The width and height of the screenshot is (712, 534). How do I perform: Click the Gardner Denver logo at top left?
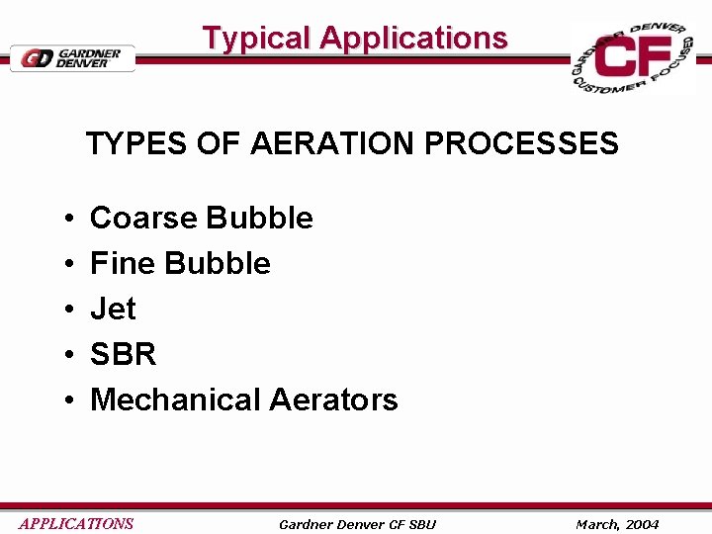[71, 57]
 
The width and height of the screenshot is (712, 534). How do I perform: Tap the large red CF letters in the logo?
[632, 58]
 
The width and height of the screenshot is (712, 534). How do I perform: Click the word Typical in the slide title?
[257, 39]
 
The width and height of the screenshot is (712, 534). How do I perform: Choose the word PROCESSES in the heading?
[521, 144]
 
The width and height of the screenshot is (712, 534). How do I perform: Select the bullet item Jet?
[113, 309]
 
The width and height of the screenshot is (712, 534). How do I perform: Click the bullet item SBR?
[123, 354]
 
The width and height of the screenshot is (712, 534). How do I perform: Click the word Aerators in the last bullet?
[333, 400]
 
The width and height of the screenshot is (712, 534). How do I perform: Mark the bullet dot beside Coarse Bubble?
[64, 219]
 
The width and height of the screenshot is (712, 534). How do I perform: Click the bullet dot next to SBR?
[64, 355]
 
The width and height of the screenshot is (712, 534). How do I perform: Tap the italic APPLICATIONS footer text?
[76, 524]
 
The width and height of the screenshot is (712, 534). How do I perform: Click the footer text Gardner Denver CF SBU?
[357, 524]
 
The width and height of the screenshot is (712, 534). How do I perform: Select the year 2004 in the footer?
[641, 524]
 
